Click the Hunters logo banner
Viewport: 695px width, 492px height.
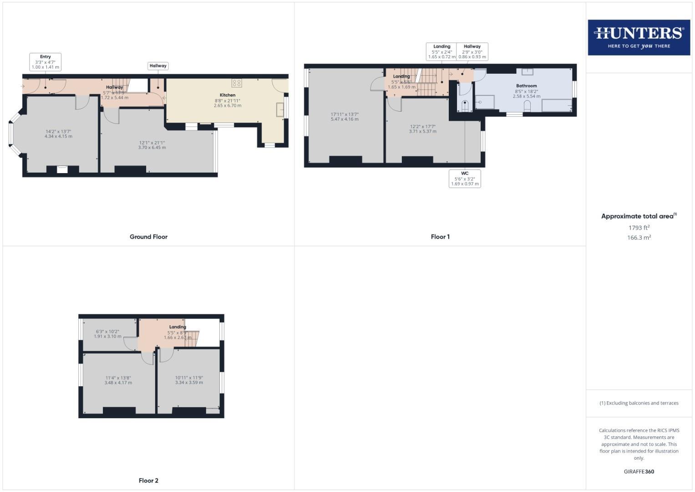(639, 37)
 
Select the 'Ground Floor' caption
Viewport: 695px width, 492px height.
(148, 237)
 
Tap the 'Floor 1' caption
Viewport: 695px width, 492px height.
(440, 237)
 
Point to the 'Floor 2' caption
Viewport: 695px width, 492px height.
(148, 481)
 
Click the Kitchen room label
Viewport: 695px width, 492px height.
(228, 95)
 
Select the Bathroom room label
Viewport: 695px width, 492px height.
(526, 86)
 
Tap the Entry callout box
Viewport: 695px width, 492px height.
(46, 62)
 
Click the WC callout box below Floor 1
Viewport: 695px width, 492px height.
(465, 179)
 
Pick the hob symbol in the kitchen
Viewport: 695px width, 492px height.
(237, 83)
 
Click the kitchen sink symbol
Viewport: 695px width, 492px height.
(281, 110)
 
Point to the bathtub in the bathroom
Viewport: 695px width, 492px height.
(557, 105)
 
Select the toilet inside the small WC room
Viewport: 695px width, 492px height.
(464, 106)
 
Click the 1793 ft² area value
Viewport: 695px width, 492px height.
(639, 228)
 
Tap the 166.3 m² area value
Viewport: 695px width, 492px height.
(639, 238)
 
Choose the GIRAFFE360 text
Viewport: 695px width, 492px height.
(639, 471)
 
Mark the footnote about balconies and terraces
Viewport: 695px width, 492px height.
(639, 403)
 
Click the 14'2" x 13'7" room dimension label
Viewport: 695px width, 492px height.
(58, 134)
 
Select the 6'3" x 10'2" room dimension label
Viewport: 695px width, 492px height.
(107, 334)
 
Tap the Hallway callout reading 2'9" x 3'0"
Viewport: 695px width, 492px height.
(472, 52)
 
